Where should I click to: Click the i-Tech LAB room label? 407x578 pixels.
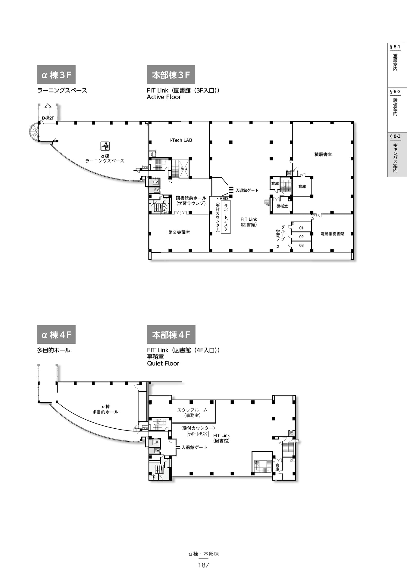pyautogui.click(x=180, y=140)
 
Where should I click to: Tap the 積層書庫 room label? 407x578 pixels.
pyautogui.click(x=323, y=154)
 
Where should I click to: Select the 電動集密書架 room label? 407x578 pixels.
pyautogui.click(x=332, y=234)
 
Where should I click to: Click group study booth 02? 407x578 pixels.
pyautogui.click(x=301, y=237)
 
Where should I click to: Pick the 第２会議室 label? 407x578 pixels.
pyautogui.click(x=179, y=232)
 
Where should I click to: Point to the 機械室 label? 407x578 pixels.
pyautogui.click(x=282, y=206)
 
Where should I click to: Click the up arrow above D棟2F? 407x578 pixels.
pyautogui.click(x=48, y=109)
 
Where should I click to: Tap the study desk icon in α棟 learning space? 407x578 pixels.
pyautogui.click(x=105, y=146)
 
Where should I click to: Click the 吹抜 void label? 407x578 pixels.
pyautogui.click(x=184, y=169)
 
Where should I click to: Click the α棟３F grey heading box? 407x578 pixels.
pyautogui.click(x=56, y=75)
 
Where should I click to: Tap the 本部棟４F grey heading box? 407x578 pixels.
pyautogui.click(x=171, y=334)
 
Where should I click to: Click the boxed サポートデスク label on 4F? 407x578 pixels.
pyautogui.click(x=198, y=434)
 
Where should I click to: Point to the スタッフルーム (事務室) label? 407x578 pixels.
pyautogui.click(x=192, y=413)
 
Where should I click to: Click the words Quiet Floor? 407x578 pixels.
pyautogui.click(x=163, y=363)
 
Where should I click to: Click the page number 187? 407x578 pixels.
pyautogui.click(x=203, y=565)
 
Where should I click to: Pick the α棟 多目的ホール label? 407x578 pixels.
pyautogui.click(x=105, y=409)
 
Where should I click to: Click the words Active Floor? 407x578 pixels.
pyautogui.click(x=164, y=97)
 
